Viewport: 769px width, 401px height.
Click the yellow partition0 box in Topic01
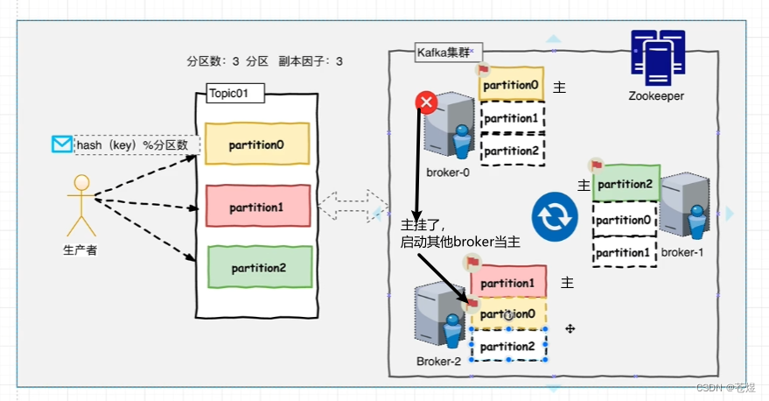point(256,143)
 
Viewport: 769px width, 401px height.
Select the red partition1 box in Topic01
point(258,208)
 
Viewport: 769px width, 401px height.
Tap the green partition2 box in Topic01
point(258,268)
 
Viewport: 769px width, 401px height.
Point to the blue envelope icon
point(61,144)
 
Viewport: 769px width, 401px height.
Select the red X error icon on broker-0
point(427,103)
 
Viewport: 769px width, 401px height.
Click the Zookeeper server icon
point(656,57)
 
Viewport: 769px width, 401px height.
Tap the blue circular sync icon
point(555,218)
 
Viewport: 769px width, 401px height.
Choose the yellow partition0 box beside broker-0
point(512,86)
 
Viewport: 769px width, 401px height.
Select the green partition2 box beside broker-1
point(626,184)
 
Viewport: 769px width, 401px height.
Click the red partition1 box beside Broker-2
point(508,283)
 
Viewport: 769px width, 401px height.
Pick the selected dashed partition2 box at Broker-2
point(508,345)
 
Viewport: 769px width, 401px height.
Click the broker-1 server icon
point(684,208)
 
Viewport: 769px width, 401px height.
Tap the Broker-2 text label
point(437,361)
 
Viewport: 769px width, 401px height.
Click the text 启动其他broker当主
point(460,242)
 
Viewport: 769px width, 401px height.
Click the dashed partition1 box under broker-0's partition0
point(512,117)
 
